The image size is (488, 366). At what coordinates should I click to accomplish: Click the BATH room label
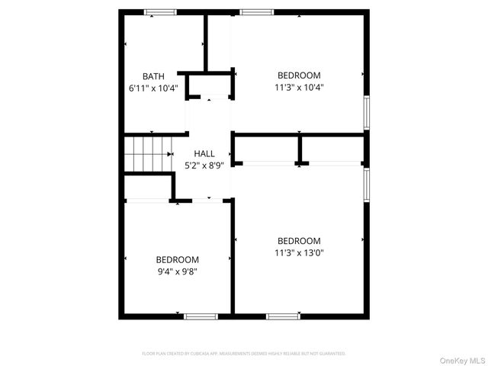[x=153, y=75]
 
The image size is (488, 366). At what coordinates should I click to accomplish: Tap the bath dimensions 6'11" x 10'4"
[x=153, y=87]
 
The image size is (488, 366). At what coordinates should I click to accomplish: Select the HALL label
[x=204, y=152]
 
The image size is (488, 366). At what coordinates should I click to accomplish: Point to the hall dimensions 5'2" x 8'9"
[x=204, y=164]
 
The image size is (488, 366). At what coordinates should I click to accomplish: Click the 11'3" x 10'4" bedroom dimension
[x=299, y=87]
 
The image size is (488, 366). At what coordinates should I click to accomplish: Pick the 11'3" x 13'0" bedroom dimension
[x=299, y=252]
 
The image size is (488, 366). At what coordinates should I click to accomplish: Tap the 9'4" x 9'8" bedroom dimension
[x=178, y=271]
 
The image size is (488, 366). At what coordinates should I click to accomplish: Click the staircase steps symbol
[x=147, y=155]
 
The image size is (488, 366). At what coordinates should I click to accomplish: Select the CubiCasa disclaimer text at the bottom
[x=244, y=354]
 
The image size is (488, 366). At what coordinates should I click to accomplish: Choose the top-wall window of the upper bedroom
[x=256, y=11]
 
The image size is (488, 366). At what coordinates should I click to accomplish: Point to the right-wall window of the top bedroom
[x=367, y=111]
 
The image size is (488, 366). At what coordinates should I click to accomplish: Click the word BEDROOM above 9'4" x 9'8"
[x=178, y=259]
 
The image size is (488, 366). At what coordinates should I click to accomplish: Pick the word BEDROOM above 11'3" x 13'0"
[x=299, y=241]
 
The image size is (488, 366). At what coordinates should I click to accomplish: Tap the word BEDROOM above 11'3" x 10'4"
[x=299, y=75]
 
